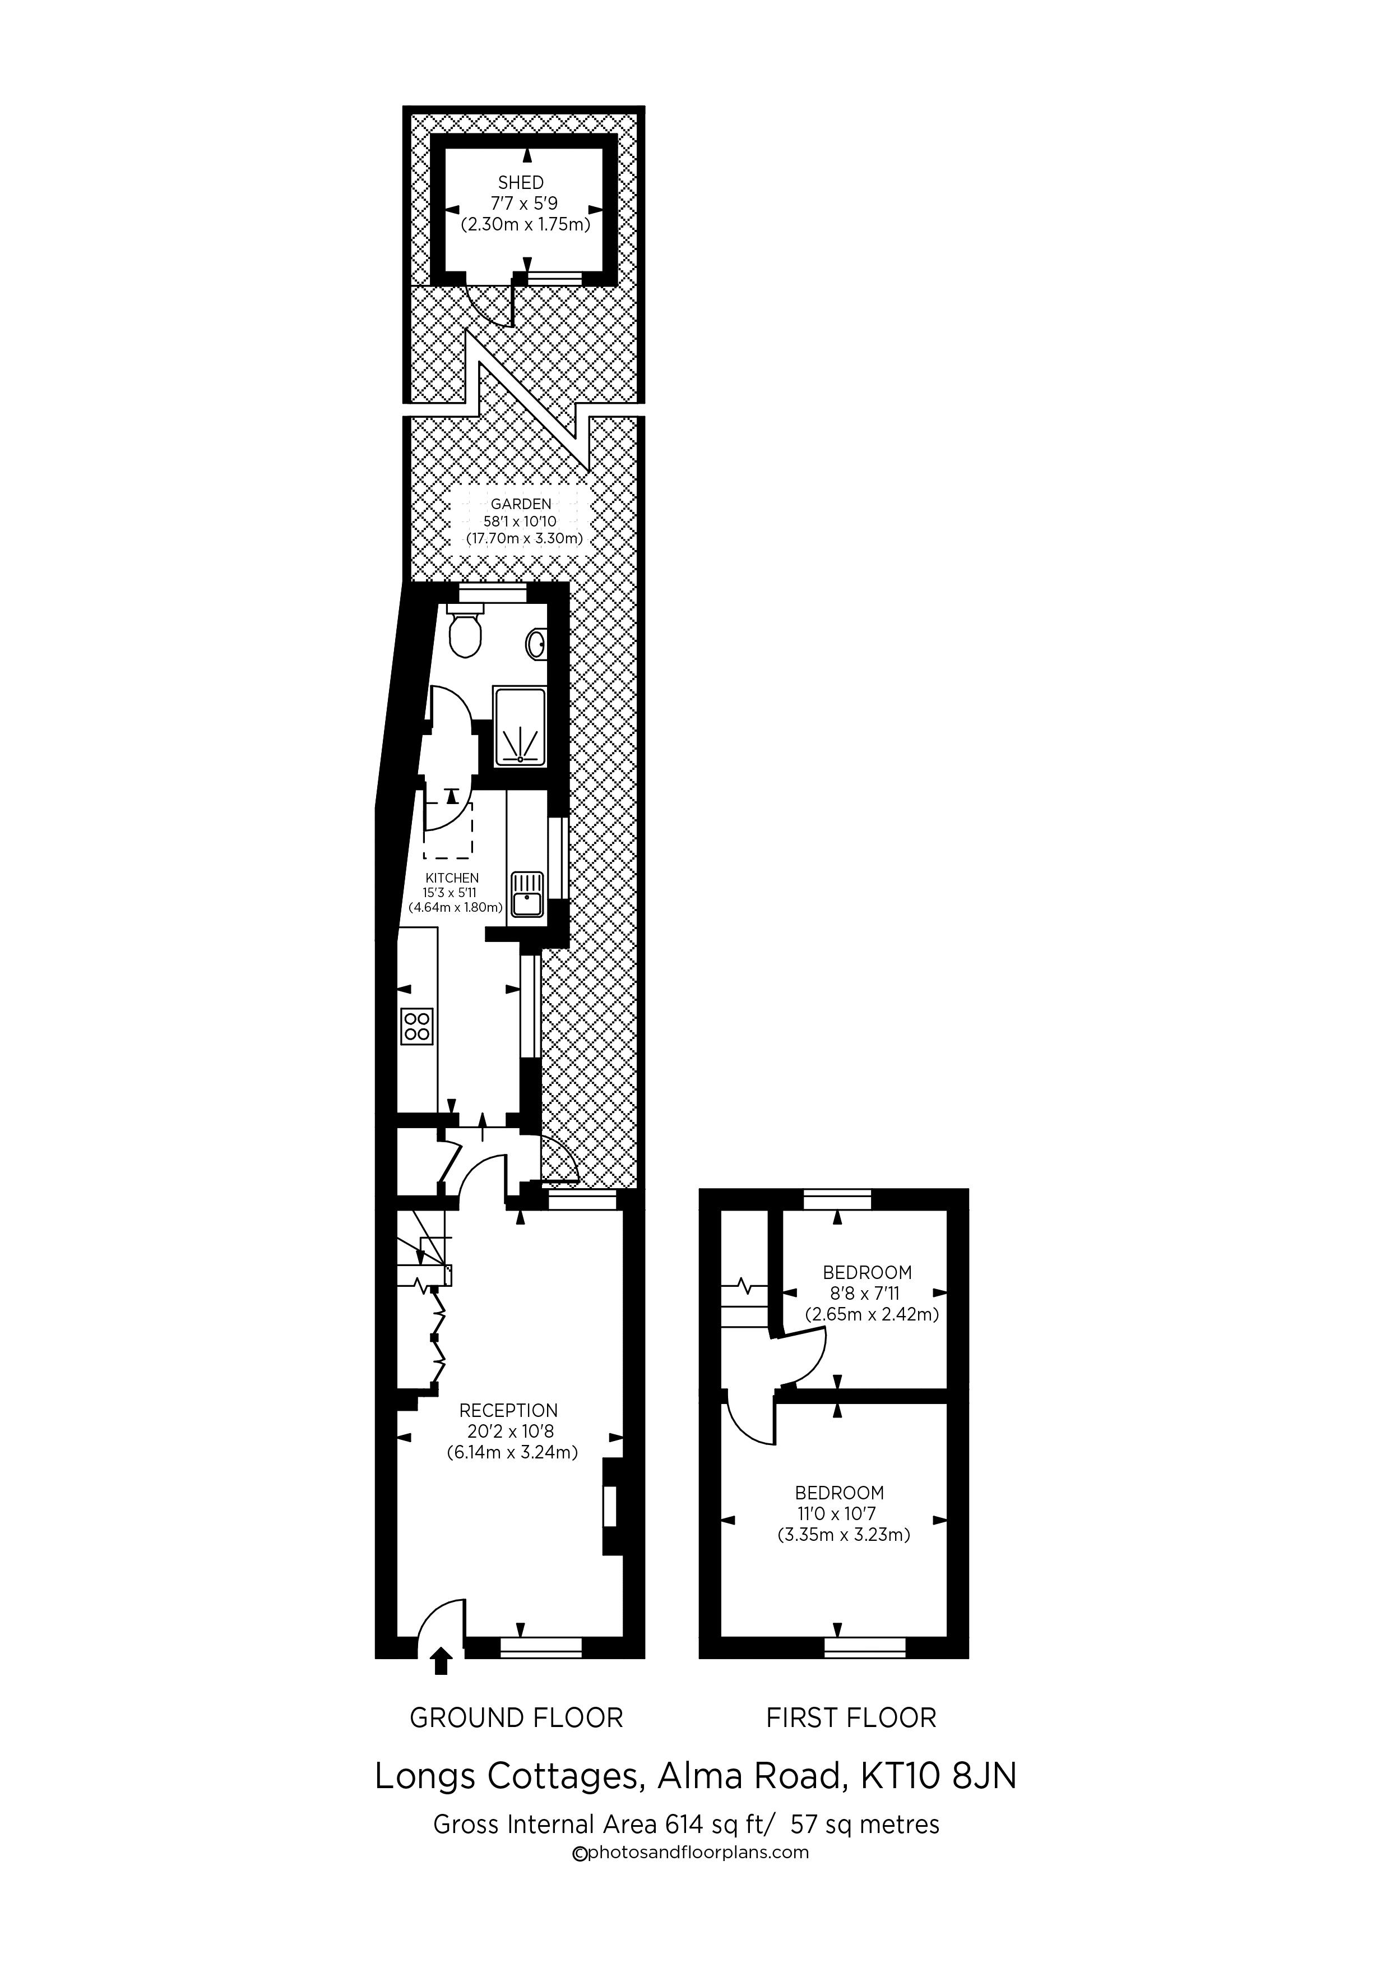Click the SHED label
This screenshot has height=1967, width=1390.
point(521,182)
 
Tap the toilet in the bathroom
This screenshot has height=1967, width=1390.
point(465,631)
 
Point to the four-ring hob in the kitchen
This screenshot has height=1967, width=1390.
point(417,1026)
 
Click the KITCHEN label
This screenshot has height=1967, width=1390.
point(452,878)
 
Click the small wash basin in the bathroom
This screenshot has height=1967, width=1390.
point(537,643)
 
